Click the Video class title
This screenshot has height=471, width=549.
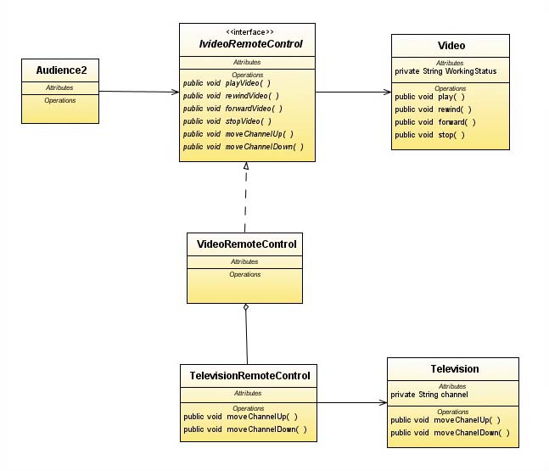451,45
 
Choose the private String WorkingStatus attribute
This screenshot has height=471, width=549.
445,71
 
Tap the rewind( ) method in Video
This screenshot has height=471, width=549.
433,109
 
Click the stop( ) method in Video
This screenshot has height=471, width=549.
430,135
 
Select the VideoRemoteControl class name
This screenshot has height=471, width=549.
246,244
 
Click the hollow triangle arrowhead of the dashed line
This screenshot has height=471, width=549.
245,167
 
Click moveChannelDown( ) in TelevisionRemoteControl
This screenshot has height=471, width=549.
245,429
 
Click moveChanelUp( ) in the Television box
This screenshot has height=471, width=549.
445,420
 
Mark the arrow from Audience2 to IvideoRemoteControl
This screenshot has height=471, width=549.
136,91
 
